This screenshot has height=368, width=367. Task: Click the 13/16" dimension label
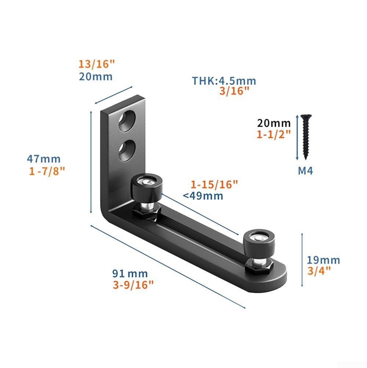[97, 64]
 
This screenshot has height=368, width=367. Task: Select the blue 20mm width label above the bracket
[96, 77]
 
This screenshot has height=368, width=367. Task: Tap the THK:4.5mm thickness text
[224, 81]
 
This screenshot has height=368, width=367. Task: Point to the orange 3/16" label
[234, 91]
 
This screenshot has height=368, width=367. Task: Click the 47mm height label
[44, 159]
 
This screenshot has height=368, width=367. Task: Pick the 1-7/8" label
[47, 171]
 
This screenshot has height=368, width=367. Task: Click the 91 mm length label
[130, 274]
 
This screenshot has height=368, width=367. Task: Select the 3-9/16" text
[133, 285]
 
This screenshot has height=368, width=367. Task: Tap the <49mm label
[203, 196]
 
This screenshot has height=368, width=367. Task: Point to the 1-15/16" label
[214, 185]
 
